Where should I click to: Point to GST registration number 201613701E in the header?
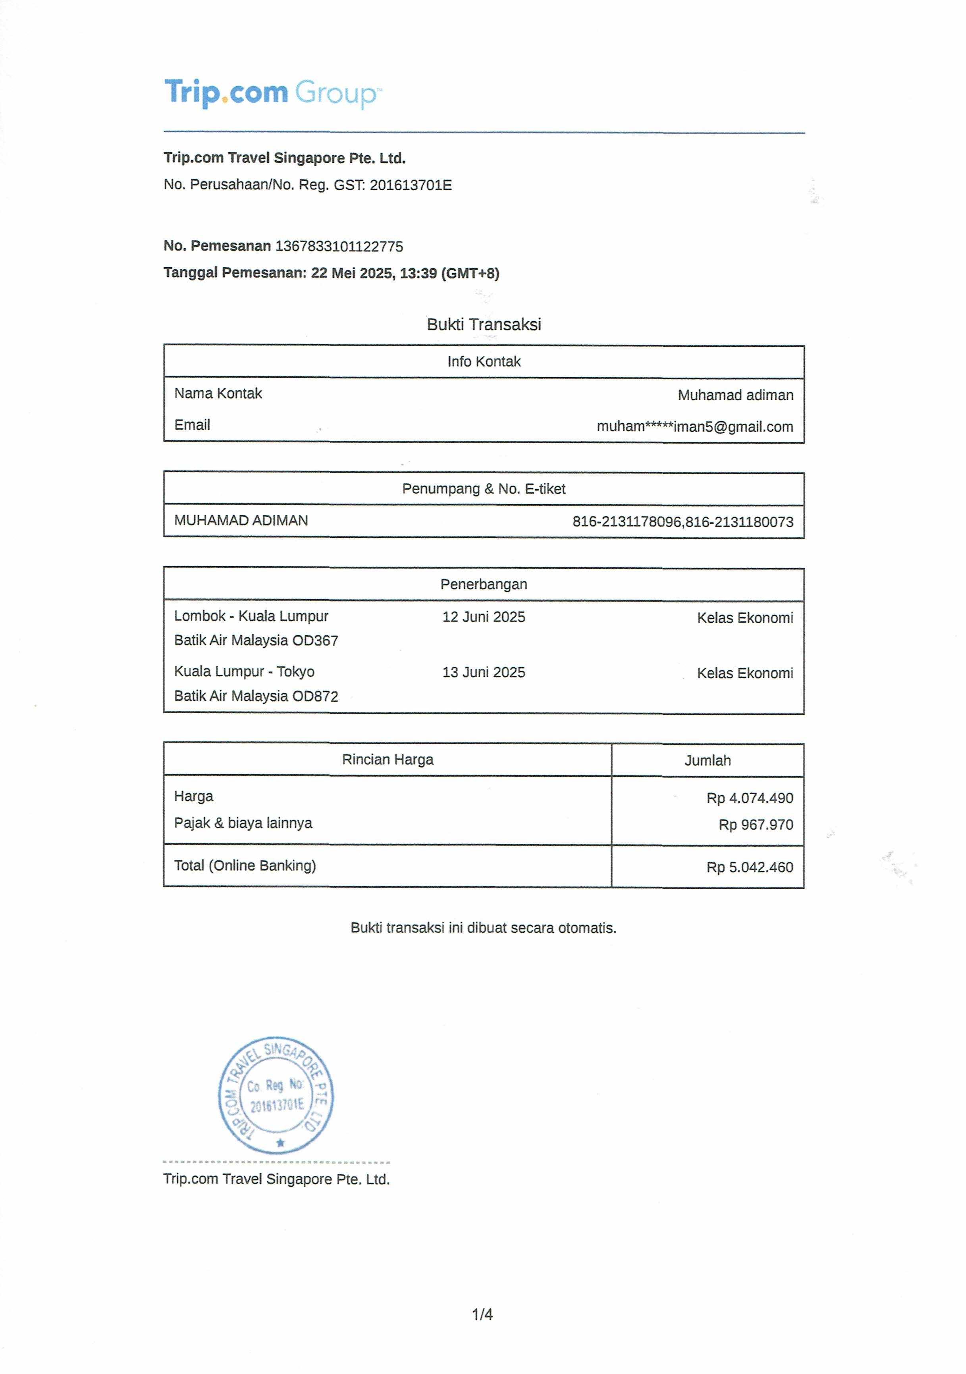tap(411, 185)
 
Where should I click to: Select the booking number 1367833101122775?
tap(339, 247)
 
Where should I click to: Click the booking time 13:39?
tap(418, 274)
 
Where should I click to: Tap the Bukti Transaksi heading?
tap(484, 324)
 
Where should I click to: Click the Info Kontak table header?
tap(484, 361)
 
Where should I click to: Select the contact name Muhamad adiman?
tap(736, 395)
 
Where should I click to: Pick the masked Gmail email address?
tap(694, 426)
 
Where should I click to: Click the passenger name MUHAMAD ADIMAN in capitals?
tap(241, 521)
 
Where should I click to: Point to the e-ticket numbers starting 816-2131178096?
tap(682, 522)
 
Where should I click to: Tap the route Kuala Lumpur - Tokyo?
tap(244, 672)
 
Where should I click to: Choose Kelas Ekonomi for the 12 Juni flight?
tap(744, 618)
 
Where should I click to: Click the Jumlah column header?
tap(708, 760)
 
